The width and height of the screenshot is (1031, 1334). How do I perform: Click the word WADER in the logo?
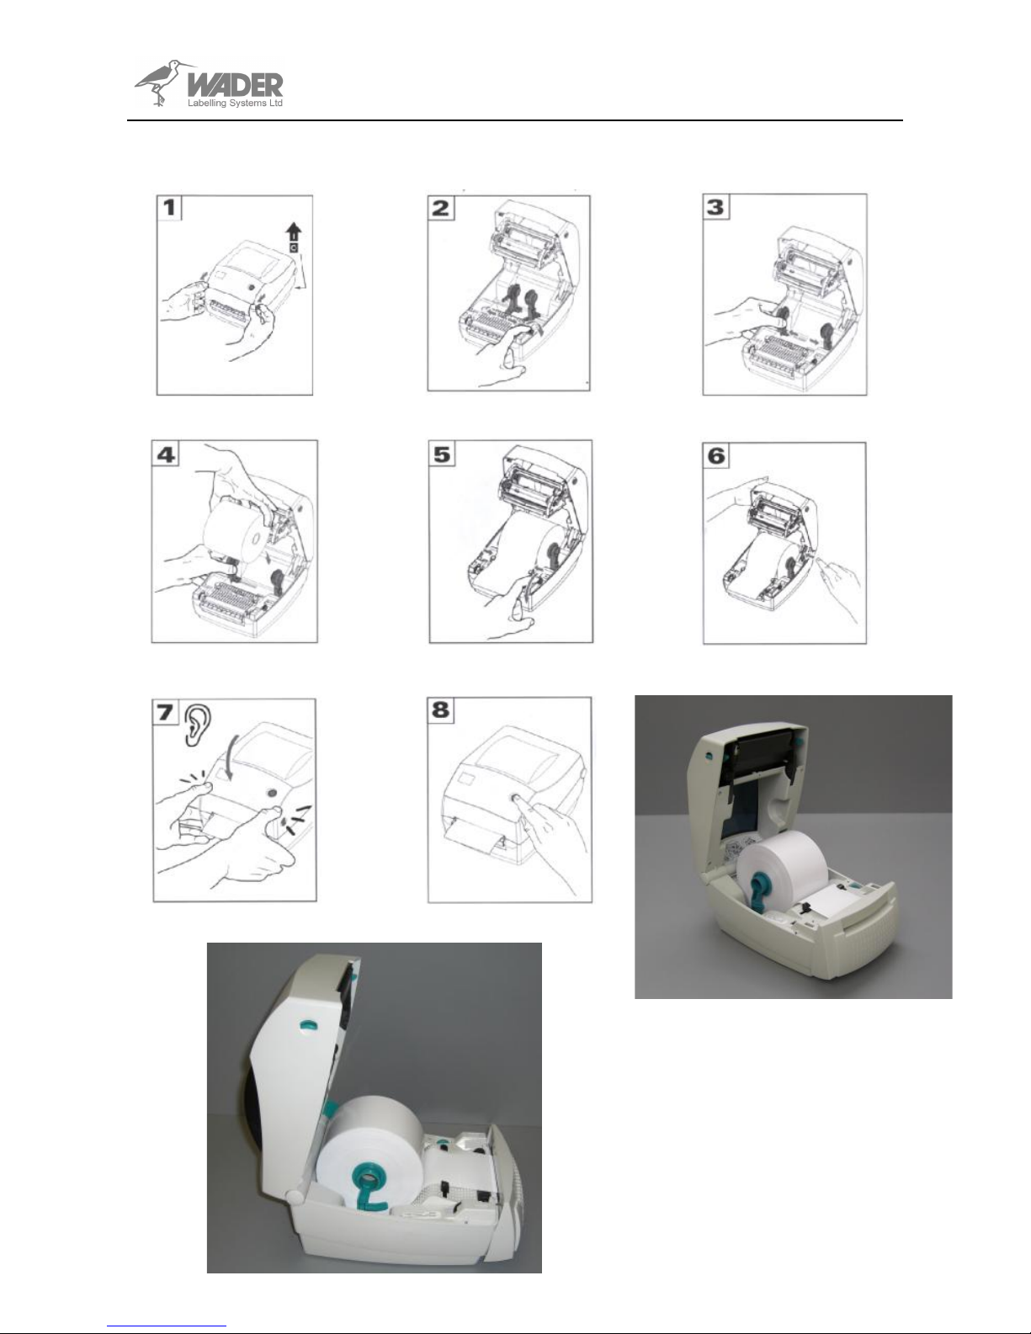click(235, 85)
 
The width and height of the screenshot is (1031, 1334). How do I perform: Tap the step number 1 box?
click(169, 208)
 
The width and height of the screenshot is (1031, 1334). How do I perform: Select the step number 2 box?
click(441, 208)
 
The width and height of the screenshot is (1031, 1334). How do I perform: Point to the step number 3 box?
click(716, 207)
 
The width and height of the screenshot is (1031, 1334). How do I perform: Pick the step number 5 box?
click(442, 454)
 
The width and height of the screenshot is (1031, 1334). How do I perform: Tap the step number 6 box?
click(716, 455)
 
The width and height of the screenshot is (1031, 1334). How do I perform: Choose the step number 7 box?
click(165, 712)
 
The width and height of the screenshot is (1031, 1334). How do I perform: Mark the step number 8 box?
click(440, 710)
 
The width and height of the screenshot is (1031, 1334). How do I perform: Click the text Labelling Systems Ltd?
click(235, 104)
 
